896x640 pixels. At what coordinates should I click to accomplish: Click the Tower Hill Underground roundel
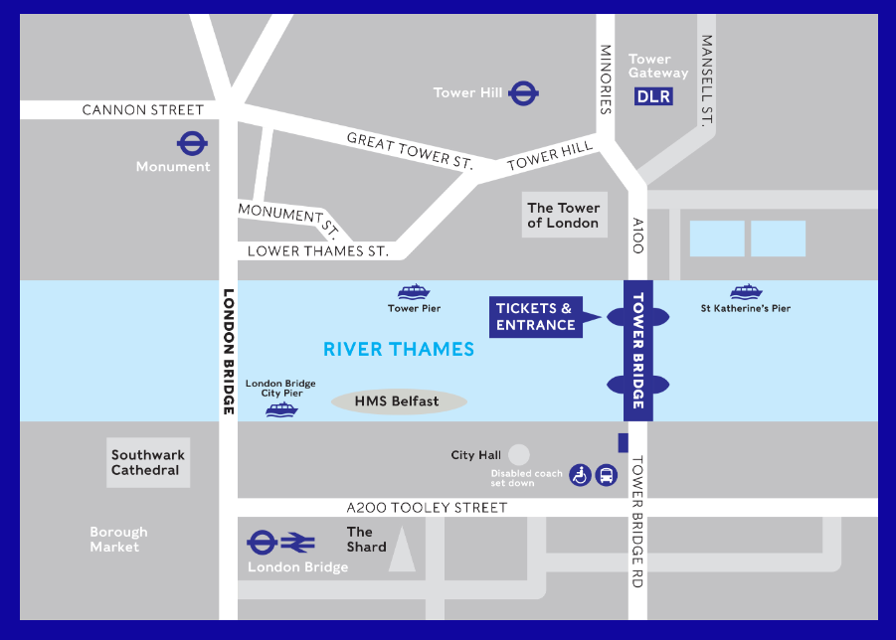tap(523, 93)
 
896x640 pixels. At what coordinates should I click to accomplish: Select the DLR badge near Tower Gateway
tap(653, 96)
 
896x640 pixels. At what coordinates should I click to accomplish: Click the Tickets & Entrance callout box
tap(536, 317)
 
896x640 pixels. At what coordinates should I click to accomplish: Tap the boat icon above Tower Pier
tap(414, 291)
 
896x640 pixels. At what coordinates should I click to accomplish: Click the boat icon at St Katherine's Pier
tap(745, 291)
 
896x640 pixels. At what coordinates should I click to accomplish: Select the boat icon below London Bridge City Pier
tap(281, 408)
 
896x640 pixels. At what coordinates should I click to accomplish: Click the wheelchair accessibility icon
tap(580, 475)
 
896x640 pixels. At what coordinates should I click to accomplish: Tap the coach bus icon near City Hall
tap(606, 475)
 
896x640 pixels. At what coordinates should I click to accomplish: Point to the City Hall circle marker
tap(518, 454)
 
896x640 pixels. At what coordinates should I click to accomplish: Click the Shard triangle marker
tap(402, 550)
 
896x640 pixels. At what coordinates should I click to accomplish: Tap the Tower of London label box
tap(563, 216)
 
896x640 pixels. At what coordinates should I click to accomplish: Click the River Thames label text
tap(399, 349)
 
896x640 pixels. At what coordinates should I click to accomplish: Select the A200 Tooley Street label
tap(422, 508)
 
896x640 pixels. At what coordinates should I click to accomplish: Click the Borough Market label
tap(118, 540)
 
